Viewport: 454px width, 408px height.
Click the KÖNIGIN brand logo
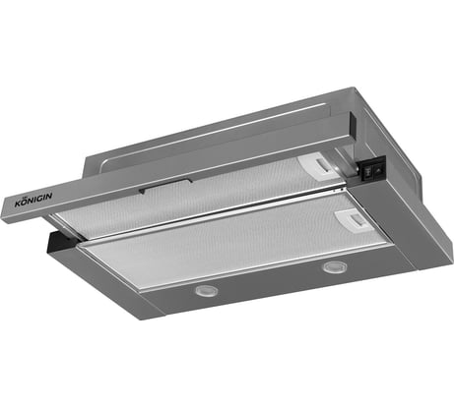pos(33,200)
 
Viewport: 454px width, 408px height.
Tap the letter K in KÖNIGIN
pos(18,204)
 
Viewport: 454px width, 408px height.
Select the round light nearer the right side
pos(333,266)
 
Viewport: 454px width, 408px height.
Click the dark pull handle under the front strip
pos(165,186)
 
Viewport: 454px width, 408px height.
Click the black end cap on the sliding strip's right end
pos(354,126)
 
